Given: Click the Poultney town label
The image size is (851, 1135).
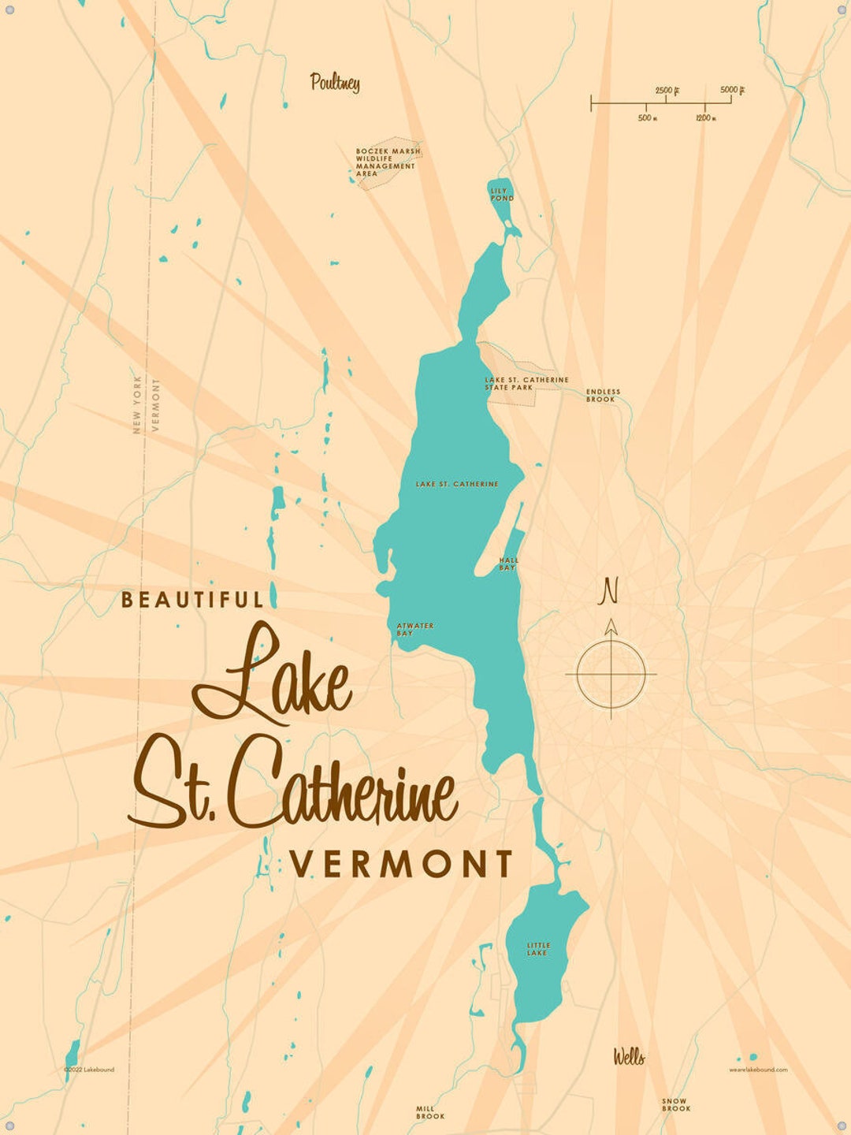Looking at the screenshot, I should tap(335, 82).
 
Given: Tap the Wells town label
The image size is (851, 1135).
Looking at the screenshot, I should tap(629, 1057).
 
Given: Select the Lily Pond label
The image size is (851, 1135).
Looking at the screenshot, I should tap(501, 195).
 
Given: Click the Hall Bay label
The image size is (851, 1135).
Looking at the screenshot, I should tap(508, 564).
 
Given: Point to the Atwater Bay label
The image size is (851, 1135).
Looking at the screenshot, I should tap(414, 629).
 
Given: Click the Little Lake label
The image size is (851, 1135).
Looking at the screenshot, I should tap(538, 949).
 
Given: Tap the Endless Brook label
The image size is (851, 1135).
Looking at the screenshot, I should tap(603, 396).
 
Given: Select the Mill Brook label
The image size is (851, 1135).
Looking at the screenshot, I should tap(430, 1112).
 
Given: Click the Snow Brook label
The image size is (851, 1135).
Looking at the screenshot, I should tap(675, 1105).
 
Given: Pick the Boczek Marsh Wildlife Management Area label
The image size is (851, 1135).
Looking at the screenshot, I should tap(386, 162).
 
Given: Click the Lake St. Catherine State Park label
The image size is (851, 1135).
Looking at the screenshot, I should tap(526, 383).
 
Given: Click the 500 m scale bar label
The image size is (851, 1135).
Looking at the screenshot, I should tap(647, 118).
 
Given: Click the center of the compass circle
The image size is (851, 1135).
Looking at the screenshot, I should tap(611, 675).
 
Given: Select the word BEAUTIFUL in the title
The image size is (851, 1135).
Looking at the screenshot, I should tap(192, 600).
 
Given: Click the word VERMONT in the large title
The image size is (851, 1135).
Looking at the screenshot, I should tap(402, 865).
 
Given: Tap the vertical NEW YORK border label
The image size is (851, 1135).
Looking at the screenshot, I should tap(137, 404).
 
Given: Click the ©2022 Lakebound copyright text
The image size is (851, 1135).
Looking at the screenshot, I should tap(89, 1070).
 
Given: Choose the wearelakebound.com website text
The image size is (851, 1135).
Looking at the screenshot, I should tap(757, 1070).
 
